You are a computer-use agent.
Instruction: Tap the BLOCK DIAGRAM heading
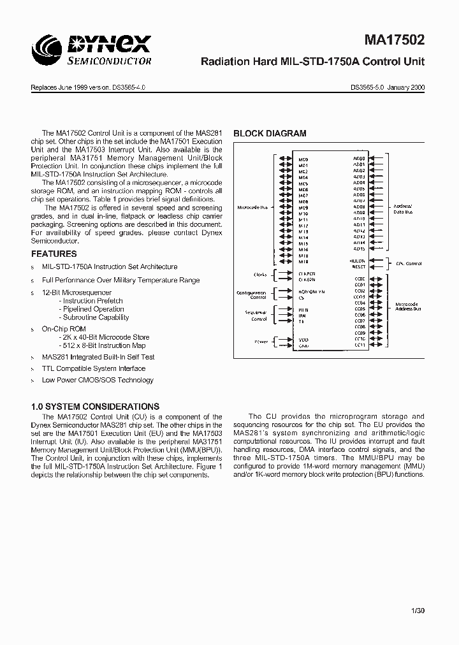270,134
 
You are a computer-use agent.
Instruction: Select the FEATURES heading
54,254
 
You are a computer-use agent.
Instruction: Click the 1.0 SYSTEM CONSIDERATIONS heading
95,407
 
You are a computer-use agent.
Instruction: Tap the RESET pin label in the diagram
358,267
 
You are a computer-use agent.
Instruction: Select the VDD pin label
303,340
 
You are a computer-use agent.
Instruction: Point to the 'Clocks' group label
261,275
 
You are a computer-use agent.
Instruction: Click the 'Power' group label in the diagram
261,342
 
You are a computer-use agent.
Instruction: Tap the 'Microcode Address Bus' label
408,307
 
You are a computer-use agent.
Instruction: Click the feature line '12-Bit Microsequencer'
76,293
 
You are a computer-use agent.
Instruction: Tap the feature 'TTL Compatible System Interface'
94,368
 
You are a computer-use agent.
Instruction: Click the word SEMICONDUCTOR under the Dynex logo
110,61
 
